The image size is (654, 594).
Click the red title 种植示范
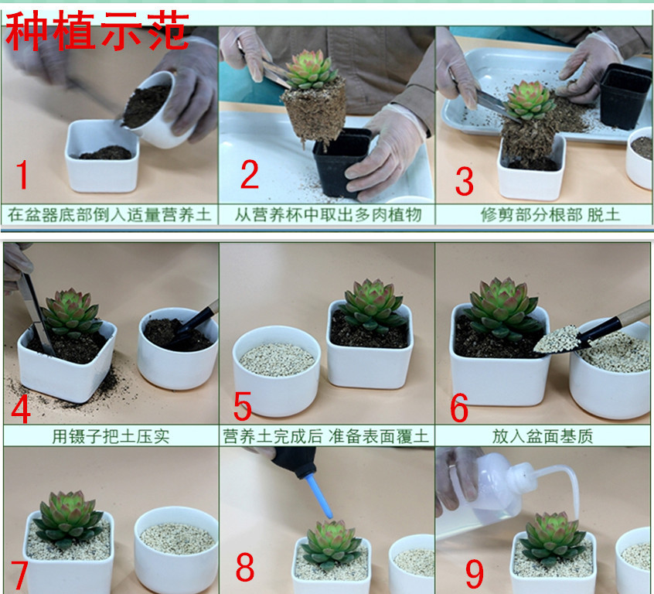(97, 30)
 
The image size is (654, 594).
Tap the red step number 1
(22, 175)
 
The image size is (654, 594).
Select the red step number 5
(242, 406)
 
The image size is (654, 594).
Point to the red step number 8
(245, 566)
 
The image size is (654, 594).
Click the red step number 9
(475, 574)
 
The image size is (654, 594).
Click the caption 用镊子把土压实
(111, 436)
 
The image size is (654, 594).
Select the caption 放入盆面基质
(542, 436)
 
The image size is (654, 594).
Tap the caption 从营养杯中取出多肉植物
(328, 215)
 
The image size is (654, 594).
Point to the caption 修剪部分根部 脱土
(550, 215)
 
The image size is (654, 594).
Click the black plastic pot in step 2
(340, 162)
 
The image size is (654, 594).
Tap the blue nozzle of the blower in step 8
(319, 497)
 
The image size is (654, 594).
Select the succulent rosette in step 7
(69, 519)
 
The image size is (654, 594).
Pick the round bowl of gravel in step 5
(277, 370)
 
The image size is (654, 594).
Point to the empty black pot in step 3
(620, 96)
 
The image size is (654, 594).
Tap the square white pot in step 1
(102, 155)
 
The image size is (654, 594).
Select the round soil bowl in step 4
(178, 349)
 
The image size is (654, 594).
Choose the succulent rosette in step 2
(311, 70)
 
